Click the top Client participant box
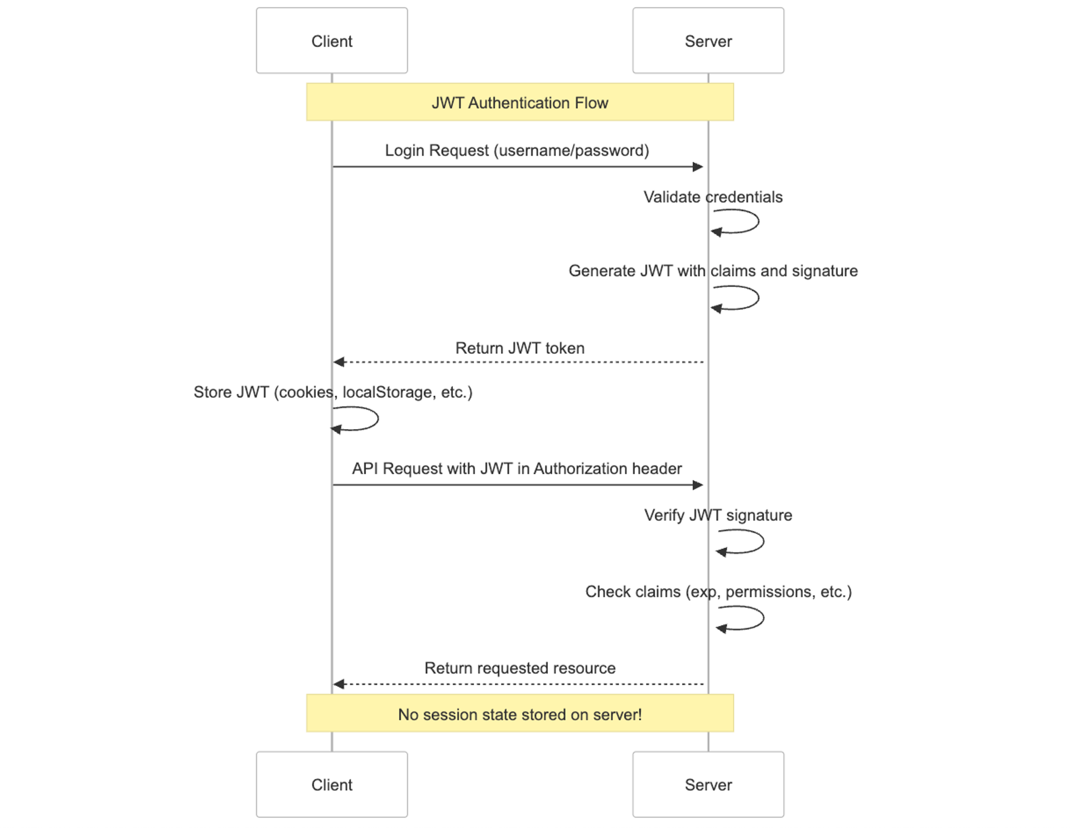(332, 41)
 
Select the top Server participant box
(708, 41)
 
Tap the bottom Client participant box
(332, 784)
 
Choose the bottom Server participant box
(708, 784)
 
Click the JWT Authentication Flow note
(519, 103)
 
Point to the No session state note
(519, 714)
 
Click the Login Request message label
(517, 151)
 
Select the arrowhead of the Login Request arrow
(698, 167)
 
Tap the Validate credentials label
(713, 197)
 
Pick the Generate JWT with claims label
(713, 271)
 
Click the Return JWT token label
(519, 348)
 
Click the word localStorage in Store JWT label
(387, 392)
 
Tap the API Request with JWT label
(517, 469)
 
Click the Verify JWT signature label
(718, 515)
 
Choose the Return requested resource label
(519, 668)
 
